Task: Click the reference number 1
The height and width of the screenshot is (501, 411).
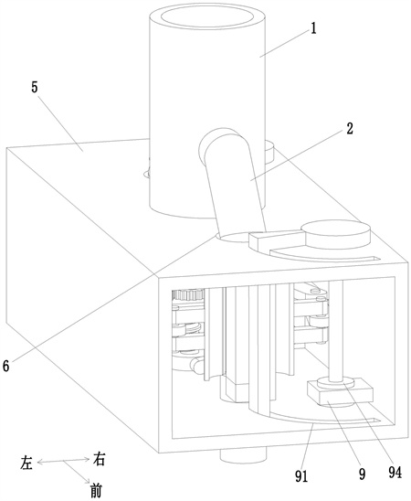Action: point(313,28)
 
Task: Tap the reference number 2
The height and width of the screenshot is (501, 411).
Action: point(350,128)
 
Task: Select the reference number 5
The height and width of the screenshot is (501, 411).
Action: point(35,87)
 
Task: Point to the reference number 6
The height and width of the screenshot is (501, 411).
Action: point(6,366)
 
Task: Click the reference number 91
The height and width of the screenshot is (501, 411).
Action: point(301,476)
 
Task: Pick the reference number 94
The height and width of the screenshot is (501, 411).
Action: point(395,473)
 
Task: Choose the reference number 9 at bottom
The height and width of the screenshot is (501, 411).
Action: point(362,474)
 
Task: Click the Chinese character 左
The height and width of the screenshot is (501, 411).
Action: point(26,463)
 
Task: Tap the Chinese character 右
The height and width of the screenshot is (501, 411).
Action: point(99,460)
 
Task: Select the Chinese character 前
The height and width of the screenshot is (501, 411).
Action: point(95,491)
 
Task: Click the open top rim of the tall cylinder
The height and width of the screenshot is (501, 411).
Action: point(207,16)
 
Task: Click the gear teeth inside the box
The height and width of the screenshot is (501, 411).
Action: point(187,294)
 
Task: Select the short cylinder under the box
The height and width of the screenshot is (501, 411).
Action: point(243,456)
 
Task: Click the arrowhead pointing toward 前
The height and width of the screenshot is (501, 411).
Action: point(88,480)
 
